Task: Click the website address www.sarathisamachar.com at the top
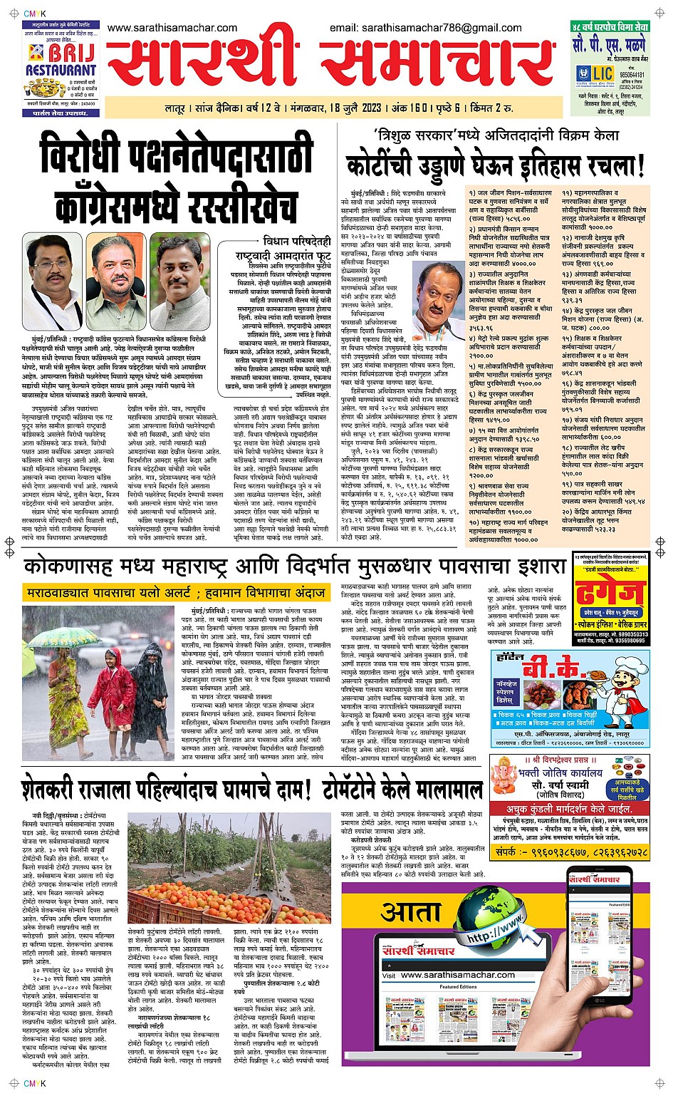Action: pos(172,28)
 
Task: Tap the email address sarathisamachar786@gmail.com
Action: pos(426,28)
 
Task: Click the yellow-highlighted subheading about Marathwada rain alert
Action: pos(177,592)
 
